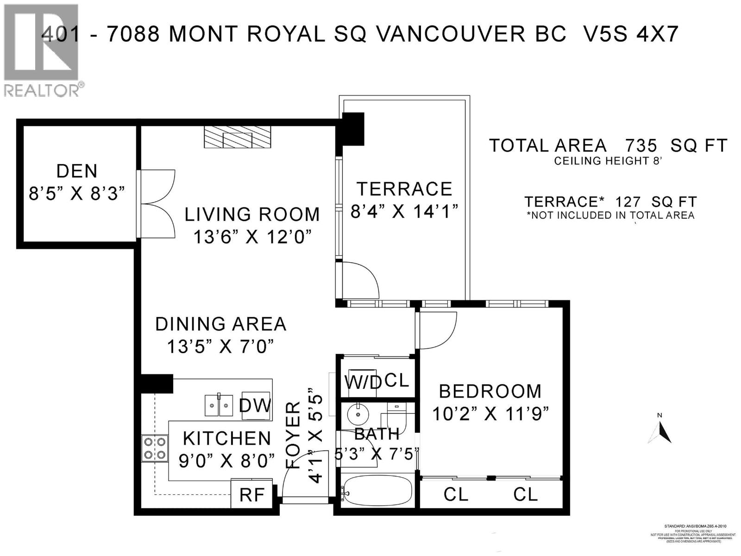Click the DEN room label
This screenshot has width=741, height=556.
77,171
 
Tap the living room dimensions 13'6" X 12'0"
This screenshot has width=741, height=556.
251,237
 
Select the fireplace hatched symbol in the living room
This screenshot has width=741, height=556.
237,138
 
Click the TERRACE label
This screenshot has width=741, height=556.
404,189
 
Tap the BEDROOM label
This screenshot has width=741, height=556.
490,392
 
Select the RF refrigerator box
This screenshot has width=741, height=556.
251,495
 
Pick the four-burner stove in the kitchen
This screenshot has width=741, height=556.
155,448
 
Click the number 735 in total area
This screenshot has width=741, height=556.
641,146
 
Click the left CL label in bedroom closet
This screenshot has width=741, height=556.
456,494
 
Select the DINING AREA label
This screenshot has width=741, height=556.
220,324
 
